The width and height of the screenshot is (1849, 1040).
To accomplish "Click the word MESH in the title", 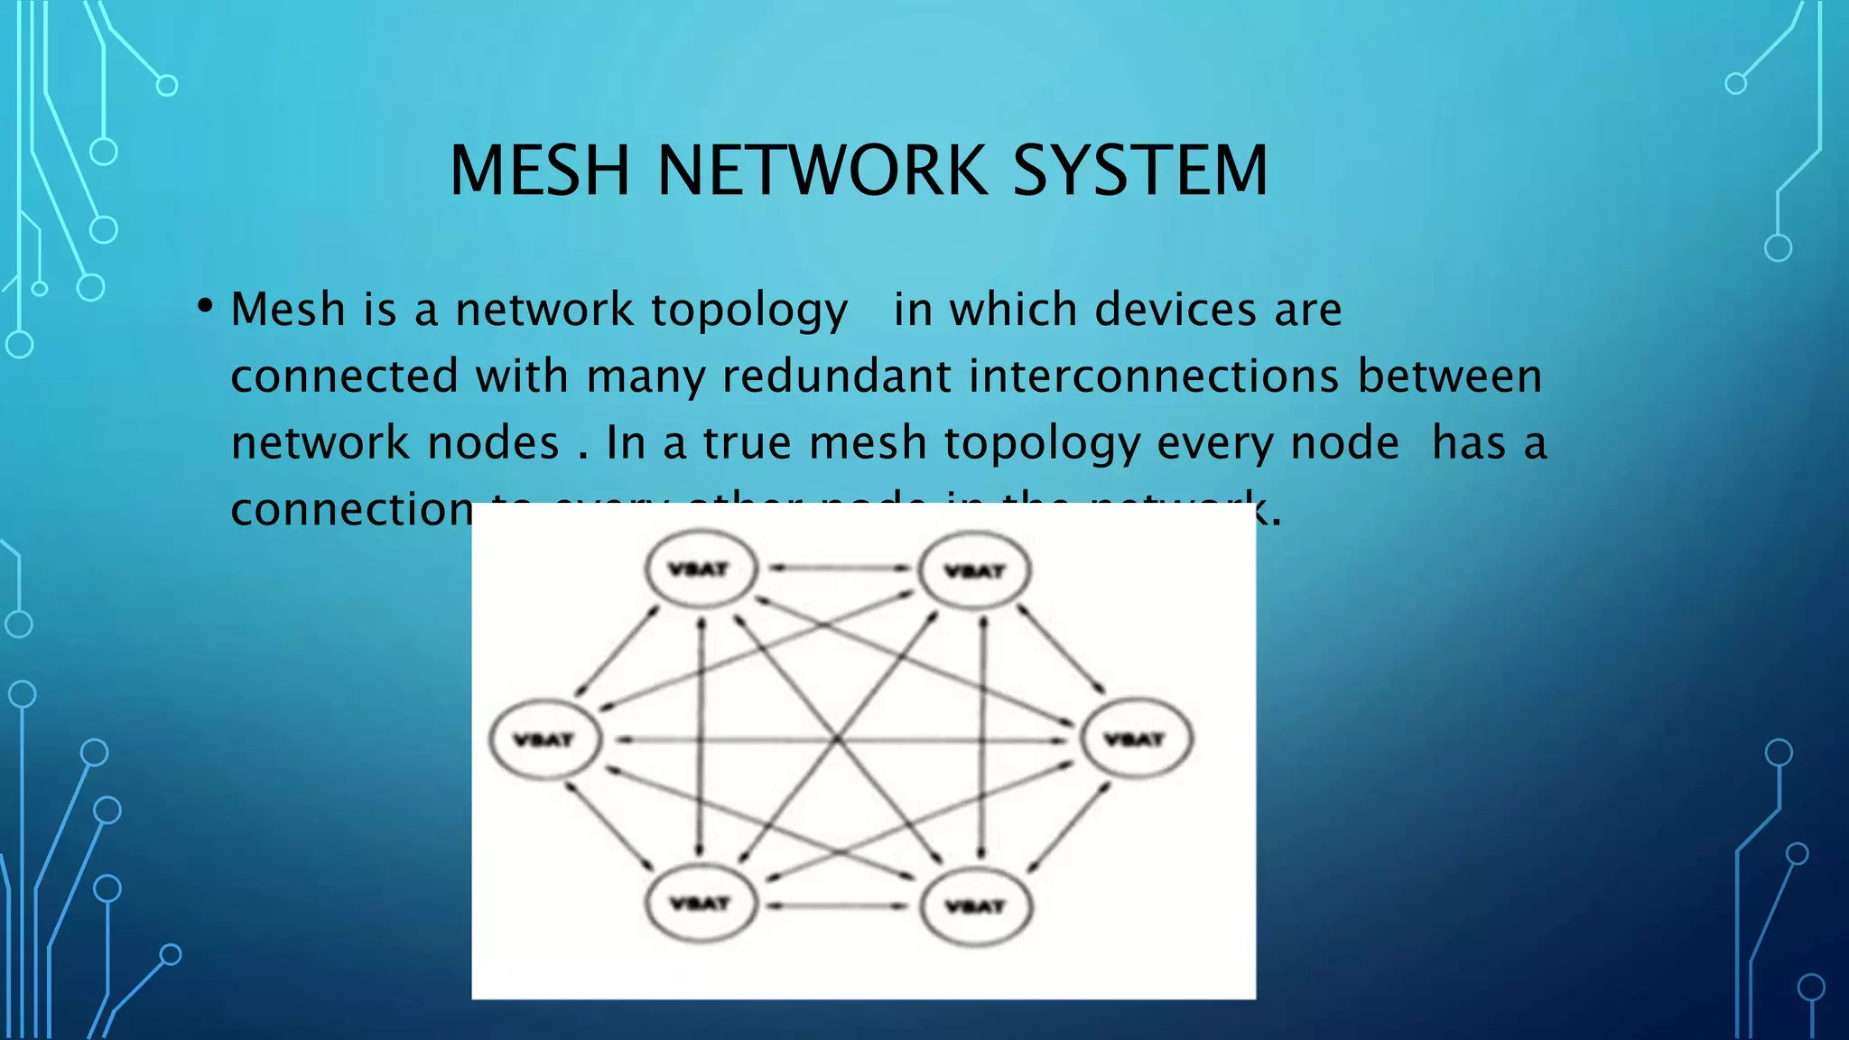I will click(539, 171).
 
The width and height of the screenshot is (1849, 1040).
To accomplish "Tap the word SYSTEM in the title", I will click(1140, 171).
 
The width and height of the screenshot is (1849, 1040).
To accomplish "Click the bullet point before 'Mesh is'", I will click(205, 307).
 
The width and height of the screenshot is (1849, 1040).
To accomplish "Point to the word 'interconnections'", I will click(1154, 376).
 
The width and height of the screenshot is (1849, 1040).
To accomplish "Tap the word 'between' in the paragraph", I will click(1450, 376).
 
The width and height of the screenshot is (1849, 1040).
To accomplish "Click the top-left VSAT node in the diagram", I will click(700, 569).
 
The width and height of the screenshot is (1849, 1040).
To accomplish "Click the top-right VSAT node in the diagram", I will click(974, 571).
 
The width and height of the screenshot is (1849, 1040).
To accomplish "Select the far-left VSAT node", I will click(544, 739).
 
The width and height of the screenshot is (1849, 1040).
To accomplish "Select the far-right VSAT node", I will click(1136, 739).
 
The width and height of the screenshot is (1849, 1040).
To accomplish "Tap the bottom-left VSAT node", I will click(700, 903).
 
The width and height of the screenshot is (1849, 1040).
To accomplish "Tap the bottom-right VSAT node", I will click(974, 905).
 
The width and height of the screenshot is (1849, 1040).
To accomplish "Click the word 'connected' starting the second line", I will click(344, 376).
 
